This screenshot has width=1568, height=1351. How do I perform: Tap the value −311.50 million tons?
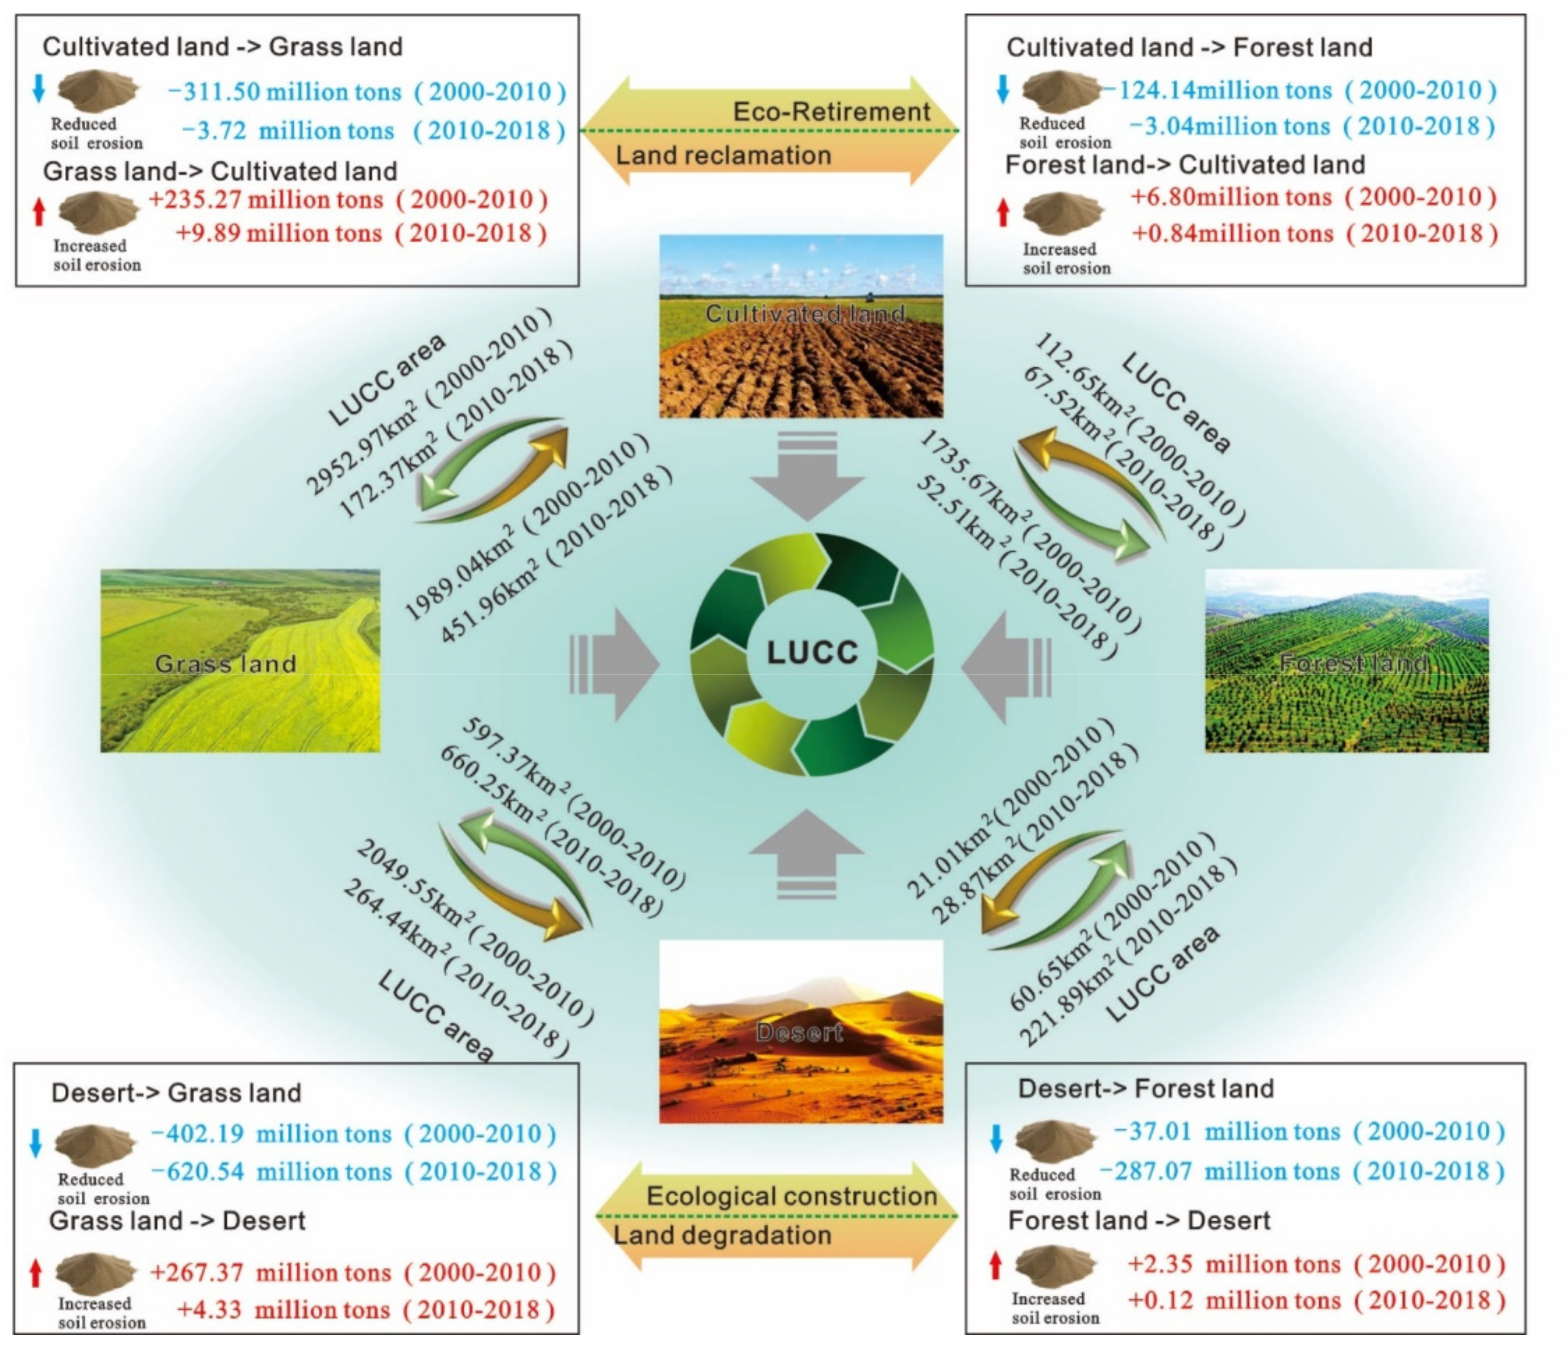(284, 92)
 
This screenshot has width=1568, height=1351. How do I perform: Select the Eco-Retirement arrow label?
(831, 112)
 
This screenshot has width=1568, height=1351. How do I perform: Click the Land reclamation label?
(723, 156)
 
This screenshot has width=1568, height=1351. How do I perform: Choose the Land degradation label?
(722, 1235)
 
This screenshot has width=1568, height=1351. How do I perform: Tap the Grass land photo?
(240, 661)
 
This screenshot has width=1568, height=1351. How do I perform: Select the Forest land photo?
(1346, 661)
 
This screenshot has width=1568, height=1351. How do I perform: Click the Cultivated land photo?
(801, 326)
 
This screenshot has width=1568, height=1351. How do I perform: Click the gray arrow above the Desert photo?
(806, 851)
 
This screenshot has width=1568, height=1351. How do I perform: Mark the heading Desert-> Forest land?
(1146, 1089)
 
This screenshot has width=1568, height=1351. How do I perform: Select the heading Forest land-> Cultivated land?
(1185, 165)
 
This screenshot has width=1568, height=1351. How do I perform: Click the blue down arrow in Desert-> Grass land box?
(35, 1143)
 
